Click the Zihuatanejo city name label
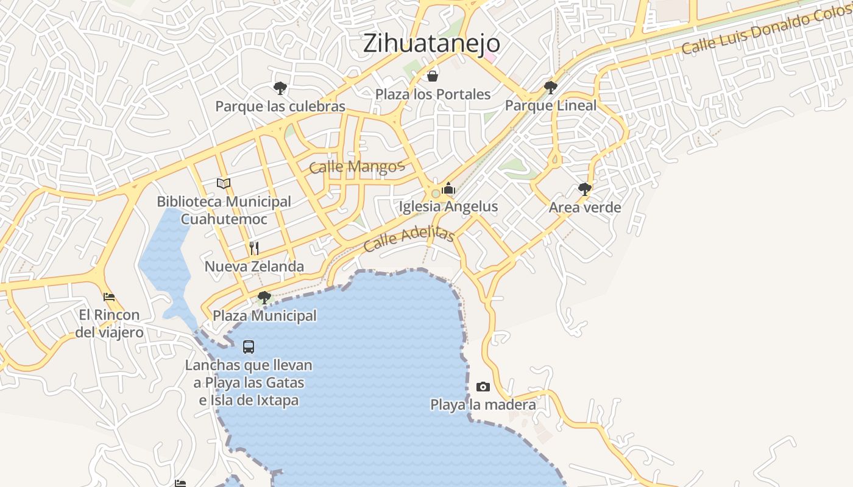(431, 43)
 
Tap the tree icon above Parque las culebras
(280, 88)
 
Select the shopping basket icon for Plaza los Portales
(433, 76)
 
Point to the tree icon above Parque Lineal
(551, 88)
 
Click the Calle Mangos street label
(356, 167)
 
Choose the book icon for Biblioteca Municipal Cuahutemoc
(224, 183)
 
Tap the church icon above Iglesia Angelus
(449, 189)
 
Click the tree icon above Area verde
(585, 189)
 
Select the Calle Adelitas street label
(409, 240)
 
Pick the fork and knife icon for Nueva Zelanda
(254, 248)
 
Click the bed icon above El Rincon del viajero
(109, 297)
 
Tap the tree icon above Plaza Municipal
(264, 298)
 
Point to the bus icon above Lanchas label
(249, 347)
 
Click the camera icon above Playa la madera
(483, 387)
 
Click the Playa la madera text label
(483, 405)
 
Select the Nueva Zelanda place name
(254, 267)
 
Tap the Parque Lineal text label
(551, 106)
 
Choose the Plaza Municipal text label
(264, 316)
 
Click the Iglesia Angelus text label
(448, 207)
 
